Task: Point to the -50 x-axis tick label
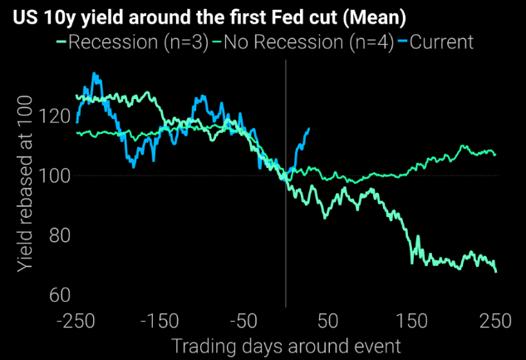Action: tap(243, 321)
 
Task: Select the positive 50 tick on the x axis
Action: tap(327, 321)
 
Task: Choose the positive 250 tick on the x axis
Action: tap(495, 321)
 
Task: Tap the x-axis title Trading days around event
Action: tap(286, 344)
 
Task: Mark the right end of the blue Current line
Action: tap(309, 128)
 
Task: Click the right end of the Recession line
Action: tap(496, 271)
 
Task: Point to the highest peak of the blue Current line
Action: tap(94, 74)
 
